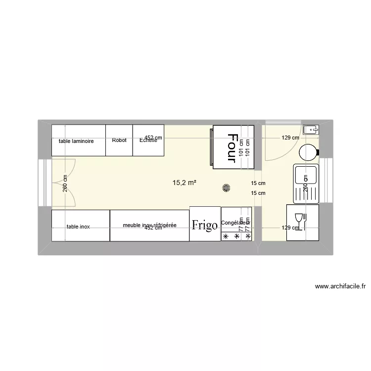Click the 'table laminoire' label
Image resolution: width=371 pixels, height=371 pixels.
click(76, 141)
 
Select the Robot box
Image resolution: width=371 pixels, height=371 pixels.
click(119, 140)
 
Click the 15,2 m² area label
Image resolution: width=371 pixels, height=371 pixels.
click(184, 183)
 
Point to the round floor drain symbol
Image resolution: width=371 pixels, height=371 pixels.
click(227, 187)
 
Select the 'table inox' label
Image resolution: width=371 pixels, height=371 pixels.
click(78, 227)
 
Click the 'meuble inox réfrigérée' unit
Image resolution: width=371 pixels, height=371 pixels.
click(149, 225)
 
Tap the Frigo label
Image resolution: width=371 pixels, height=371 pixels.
click(205, 226)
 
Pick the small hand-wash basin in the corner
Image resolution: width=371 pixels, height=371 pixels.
click(311, 130)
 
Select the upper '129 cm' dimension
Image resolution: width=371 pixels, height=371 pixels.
click(290, 138)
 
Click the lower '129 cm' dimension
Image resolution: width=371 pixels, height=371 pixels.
click(290, 228)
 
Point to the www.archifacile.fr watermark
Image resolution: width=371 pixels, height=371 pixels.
click(340, 286)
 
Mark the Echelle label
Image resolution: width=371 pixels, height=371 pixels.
click(148, 140)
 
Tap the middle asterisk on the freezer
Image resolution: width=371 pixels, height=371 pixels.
click(236, 237)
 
